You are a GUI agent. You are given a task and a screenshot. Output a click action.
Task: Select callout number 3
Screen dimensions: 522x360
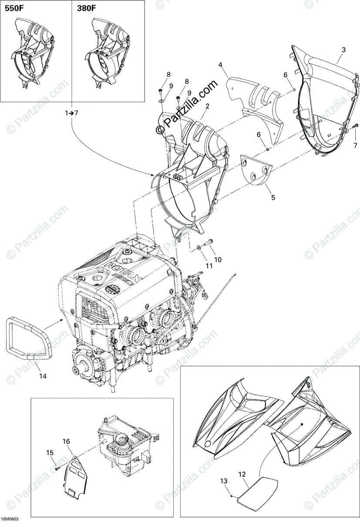click(343, 50)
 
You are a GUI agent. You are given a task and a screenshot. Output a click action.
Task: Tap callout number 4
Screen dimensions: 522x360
click(221, 66)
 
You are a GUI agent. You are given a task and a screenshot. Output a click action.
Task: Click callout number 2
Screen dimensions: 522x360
click(208, 106)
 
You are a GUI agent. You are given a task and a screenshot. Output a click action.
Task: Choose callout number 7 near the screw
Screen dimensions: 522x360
click(355, 145)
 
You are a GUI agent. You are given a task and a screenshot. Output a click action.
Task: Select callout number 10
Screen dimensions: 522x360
click(218, 260)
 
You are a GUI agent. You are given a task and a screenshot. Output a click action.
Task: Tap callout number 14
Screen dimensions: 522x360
click(42, 376)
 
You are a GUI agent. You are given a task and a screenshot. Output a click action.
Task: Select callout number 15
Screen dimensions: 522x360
click(50, 452)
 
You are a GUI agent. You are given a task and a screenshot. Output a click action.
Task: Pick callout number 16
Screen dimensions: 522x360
click(66, 442)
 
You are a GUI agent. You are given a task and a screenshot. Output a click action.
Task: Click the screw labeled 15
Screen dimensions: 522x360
click(57, 468)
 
